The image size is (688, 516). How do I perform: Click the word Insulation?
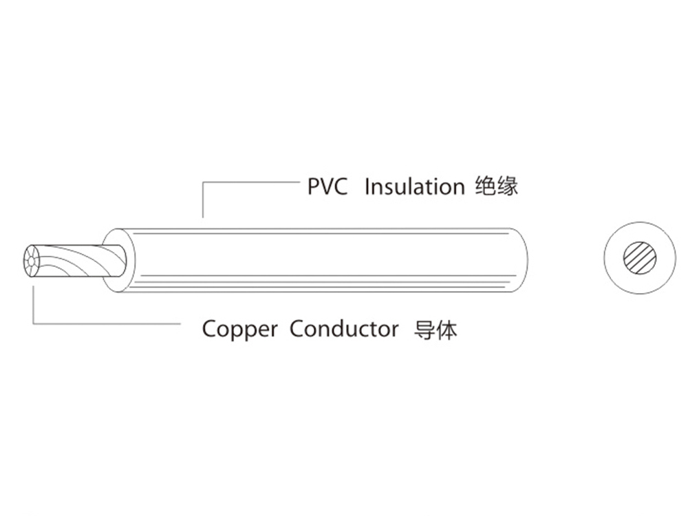tap(414, 186)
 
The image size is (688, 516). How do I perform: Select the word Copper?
tap(239, 330)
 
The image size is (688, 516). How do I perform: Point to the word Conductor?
tap(343, 329)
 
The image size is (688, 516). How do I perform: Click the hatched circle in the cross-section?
tap(640, 258)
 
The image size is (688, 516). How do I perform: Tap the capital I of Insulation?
tap(366, 186)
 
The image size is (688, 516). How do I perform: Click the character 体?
tap(447, 330)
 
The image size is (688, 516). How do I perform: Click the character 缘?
tap(507, 186)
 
